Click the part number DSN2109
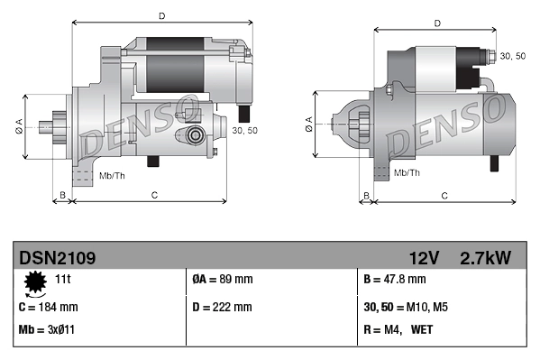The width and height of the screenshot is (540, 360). (x=57, y=258)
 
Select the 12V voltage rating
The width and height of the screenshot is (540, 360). (x=423, y=258)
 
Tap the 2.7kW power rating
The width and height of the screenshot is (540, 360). (x=485, y=258)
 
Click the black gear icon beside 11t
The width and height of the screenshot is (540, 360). (x=35, y=283)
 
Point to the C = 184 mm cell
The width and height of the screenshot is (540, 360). (x=49, y=307)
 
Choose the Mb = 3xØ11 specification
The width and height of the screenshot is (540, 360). (x=47, y=329)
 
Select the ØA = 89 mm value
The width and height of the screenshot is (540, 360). (x=224, y=281)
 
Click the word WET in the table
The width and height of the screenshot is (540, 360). (x=422, y=329)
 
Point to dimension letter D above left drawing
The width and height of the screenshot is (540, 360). (x=161, y=15)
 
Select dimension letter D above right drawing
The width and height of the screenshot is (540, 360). (x=436, y=23)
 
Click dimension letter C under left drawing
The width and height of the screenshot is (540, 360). (x=154, y=194)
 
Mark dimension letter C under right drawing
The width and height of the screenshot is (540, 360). (x=444, y=195)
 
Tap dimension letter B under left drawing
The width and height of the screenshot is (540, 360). (x=62, y=194)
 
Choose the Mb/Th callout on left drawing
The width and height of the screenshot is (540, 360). (x=112, y=174)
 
